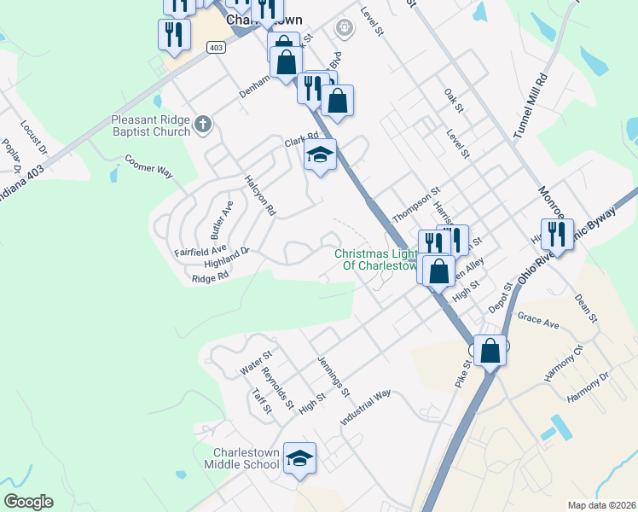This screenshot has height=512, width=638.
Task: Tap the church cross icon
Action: (x=202, y=125)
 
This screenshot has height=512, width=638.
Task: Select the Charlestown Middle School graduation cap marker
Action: (x=299, y=460)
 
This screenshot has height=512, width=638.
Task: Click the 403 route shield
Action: (x=217, y=48)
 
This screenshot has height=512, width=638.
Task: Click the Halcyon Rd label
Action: (x=260, y=195)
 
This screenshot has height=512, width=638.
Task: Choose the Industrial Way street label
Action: (x=364, y=408)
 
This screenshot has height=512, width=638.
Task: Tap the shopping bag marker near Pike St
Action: (x=490, y=350)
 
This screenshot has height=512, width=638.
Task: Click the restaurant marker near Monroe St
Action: (x=557, y=232)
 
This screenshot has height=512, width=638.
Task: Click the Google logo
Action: (x=28, y=502)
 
